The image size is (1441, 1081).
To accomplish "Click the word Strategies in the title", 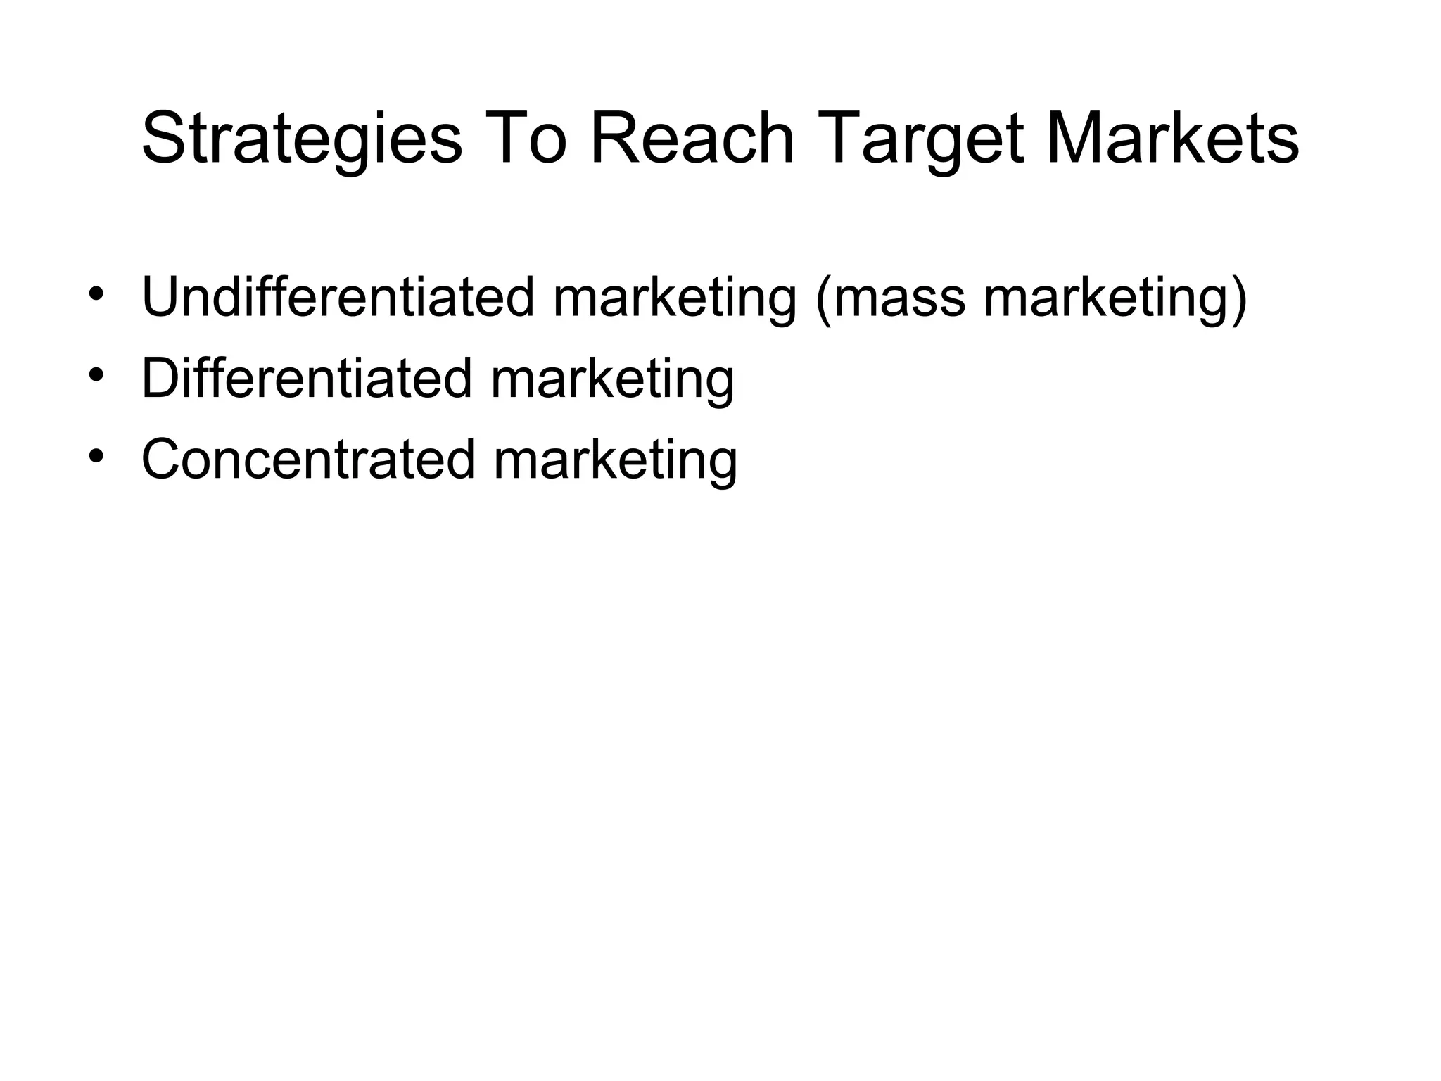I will tap(302, 139).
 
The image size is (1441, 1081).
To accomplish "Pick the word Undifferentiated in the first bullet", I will tap(338, 298).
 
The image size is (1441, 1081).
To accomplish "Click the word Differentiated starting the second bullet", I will tap(306, 379).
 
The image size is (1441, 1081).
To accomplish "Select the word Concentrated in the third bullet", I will tap(308, 460).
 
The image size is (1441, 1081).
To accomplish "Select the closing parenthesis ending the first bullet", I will tap(1239, 299).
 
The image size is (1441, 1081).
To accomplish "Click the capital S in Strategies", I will tap(163, 138).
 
